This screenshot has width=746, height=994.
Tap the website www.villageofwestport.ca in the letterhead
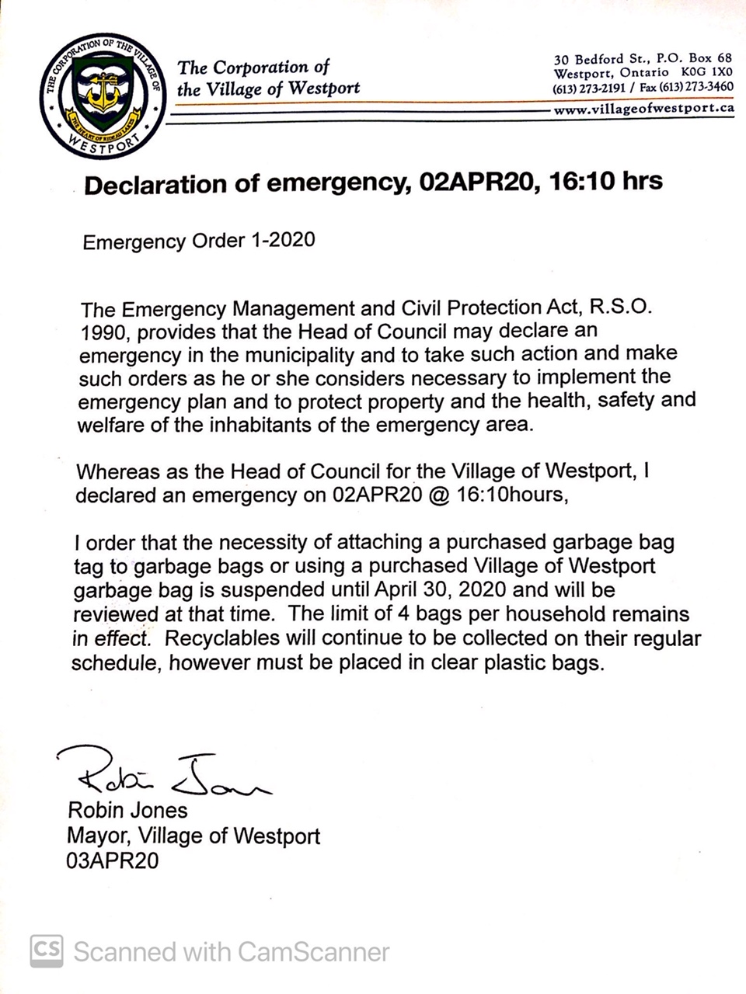coord(643,109)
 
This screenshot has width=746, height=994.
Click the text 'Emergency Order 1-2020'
coord(199,240)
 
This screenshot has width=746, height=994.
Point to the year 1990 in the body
coord(100,332)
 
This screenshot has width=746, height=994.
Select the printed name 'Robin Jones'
coord(128,811)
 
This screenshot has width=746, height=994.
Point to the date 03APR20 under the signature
coord(113,860)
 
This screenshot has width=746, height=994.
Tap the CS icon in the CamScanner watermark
coord(47,950)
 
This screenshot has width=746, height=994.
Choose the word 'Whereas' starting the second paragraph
coord(117,471)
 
